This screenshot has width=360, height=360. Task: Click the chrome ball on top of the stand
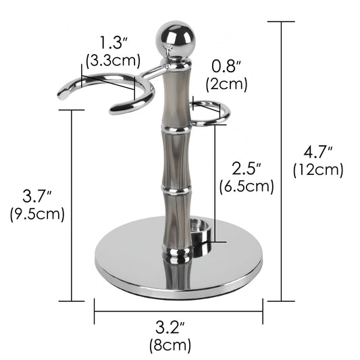point(176,39)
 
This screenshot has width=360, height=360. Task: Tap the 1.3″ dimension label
point(113,43)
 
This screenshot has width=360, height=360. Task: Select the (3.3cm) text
point(113,61)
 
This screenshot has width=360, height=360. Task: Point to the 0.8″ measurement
point(226,67)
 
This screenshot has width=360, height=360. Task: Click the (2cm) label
point(227,84)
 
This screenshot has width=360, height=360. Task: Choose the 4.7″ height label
point(318,152)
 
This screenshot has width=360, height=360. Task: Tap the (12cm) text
point(318,170)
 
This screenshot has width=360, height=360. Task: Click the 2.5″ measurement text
point(247,169)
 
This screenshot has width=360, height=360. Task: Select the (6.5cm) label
point(247,186)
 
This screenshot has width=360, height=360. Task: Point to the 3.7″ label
point(36,196)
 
